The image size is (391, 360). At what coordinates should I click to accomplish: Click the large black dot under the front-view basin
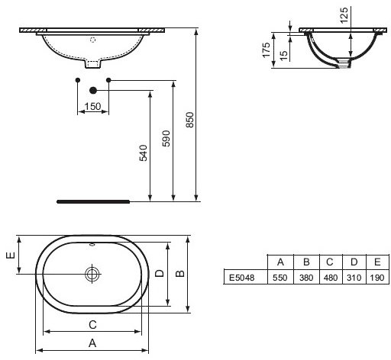point(93,89)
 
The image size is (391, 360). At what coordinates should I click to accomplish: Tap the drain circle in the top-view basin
point(93,273)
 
